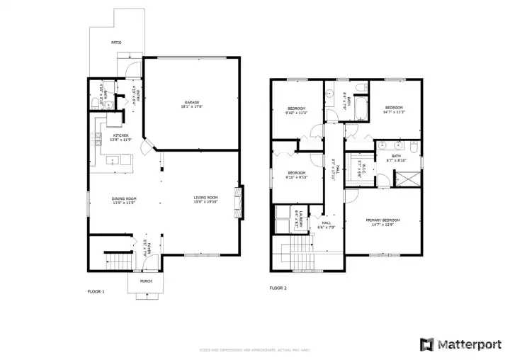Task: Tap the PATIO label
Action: pos(115,43)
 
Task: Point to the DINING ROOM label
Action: pos(123,198)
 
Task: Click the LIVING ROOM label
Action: pos(207,197)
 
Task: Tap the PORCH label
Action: pos(146,281)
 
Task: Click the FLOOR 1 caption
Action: pos(96,291)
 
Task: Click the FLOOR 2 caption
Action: pos(278,288)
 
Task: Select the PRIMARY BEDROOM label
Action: pos(382,220)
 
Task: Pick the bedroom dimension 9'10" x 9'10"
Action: pos(296,177)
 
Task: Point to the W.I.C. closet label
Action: pos(361,165)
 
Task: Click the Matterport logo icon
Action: pos(427,344)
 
